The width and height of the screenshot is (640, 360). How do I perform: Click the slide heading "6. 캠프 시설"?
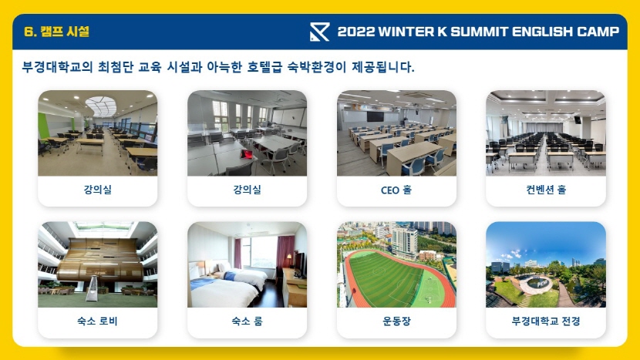pos(56,32)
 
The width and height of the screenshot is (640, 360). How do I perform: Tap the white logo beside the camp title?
pos(319,32)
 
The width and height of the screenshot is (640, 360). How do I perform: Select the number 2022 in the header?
pos(356,32)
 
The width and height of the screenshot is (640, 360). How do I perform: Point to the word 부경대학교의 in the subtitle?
pos(58,66)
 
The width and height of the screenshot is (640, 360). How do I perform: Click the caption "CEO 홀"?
pos(396,190)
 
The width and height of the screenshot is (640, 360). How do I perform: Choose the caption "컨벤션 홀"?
pos(546,190)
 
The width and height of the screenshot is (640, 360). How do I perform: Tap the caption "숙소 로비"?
pos(97,321)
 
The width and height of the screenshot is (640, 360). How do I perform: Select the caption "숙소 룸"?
pos(247,321)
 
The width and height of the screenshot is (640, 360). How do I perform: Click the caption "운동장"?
pos(396,321)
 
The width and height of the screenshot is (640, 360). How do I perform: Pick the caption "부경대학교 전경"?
pos(546,321)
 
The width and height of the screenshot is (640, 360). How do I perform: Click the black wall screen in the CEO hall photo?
pos(375,116)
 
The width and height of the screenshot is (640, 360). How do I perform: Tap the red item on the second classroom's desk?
pos(247,154)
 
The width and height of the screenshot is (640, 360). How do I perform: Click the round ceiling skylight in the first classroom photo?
pos(101,106)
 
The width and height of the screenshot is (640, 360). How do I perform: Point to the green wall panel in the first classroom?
pos(43,126)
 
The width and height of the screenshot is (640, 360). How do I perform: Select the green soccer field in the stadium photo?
pos(385,280)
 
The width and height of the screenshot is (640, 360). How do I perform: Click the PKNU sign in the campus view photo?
pos(542,283)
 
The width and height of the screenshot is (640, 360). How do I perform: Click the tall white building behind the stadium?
pos(404,243)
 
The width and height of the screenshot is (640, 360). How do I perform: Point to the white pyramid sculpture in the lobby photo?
pos(92,288)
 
